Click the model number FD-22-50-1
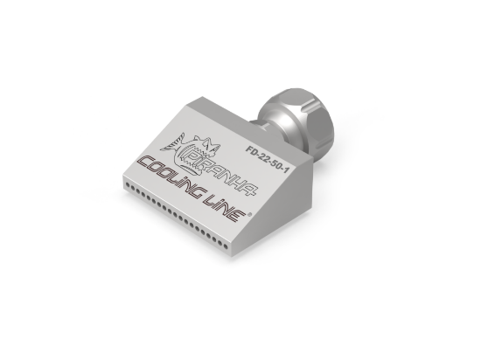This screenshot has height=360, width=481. pos(268,158)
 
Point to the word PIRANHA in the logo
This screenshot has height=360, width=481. pos(221,173)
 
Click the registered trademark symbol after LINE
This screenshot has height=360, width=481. pos(249,214)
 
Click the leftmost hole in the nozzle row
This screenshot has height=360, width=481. pos(127,185)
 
